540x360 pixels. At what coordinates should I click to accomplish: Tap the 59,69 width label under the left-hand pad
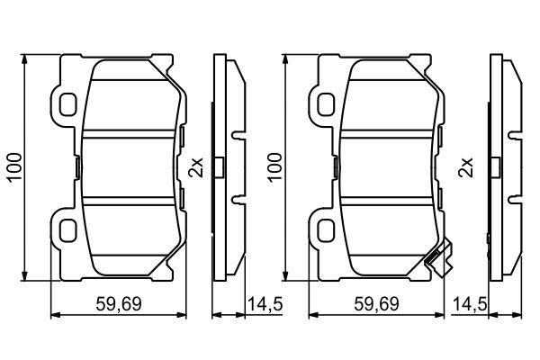tap(119, 306)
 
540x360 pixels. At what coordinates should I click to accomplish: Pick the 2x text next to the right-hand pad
tap(465, 168)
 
